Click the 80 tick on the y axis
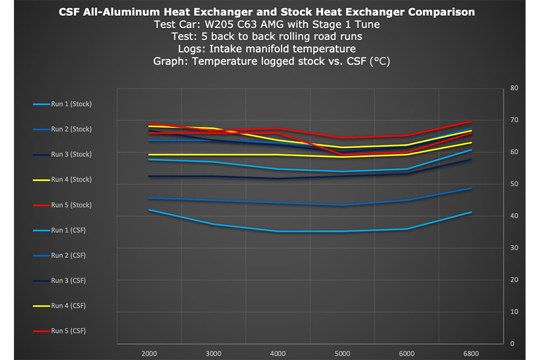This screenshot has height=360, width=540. pos(514,88)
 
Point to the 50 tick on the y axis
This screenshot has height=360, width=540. pos(514,184)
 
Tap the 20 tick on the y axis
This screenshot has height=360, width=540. pos(514,280)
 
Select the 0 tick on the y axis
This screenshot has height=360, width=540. pos(512,344)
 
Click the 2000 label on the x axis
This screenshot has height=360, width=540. pos(149,353)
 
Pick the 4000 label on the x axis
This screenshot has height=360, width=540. pos(278,353)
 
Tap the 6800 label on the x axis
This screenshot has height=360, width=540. pos(471,353)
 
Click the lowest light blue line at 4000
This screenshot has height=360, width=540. pos(278,231)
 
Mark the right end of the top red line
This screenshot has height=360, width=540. pos(471,121)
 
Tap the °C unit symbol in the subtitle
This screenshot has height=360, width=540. pos(379,61)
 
